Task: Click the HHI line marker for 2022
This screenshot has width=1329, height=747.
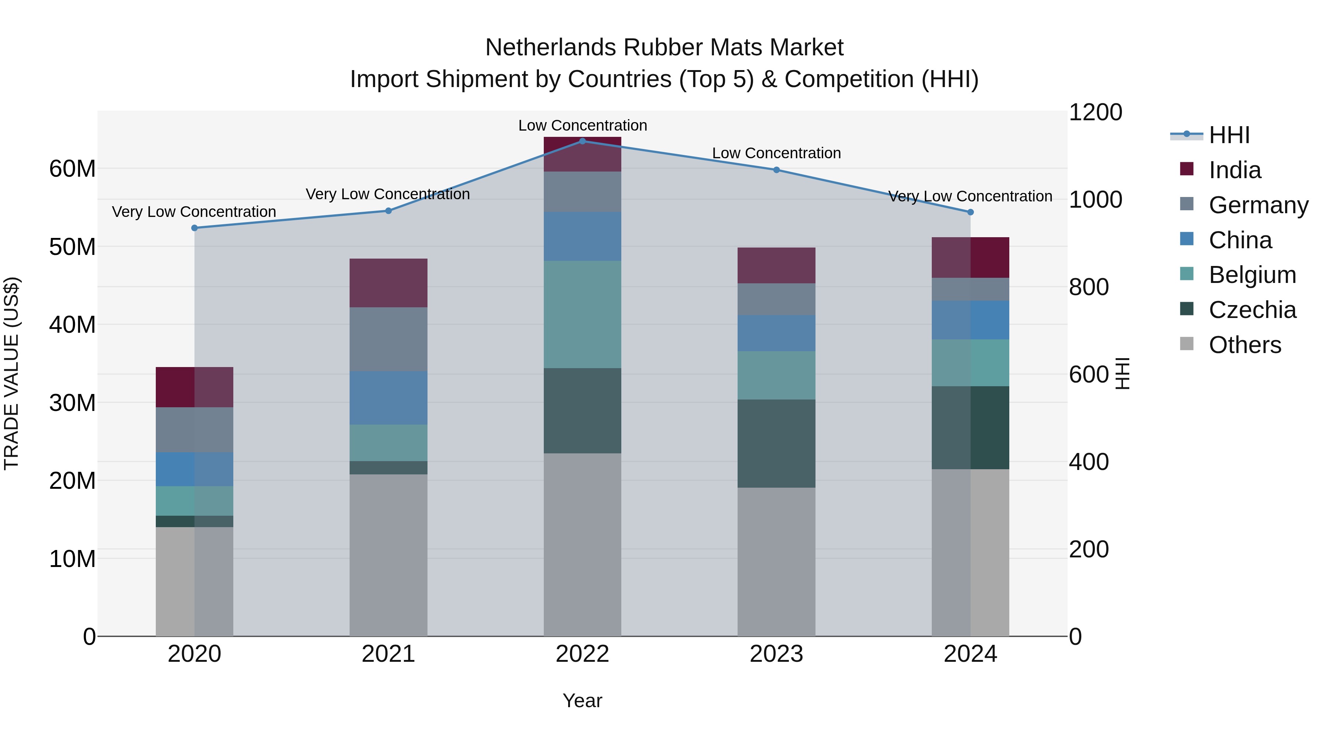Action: pos(583,141)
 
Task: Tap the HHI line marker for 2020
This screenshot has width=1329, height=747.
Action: pos(195,228)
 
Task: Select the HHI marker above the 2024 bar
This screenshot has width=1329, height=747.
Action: pos(971,212)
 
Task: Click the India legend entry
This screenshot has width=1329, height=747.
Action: pos(1234,170)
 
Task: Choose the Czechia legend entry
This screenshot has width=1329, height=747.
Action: pos(1252,310)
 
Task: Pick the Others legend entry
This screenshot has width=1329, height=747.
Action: pos(1244,345)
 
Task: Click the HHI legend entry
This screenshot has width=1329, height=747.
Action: pos(1229,135)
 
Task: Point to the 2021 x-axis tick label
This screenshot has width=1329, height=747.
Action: pos(388,654)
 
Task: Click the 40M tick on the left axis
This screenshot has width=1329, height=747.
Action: pos(72,325)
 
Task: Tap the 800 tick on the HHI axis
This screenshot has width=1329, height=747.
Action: pos(1089,287)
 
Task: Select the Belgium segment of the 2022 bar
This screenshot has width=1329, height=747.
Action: pos(583,314)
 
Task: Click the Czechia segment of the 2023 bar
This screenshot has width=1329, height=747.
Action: pos(776,443)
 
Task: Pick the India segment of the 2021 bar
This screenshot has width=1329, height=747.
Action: pos(388,283)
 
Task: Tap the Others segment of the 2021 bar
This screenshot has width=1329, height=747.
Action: pos(388,555)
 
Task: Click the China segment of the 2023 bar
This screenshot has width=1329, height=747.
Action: pos(776,333)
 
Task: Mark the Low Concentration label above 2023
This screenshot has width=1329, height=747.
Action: pos(776,153)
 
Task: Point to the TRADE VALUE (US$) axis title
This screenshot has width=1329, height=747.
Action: pos(11,373)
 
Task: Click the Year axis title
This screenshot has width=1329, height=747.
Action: pos(583,701)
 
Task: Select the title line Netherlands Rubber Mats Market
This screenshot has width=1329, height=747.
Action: pos(664,48)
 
